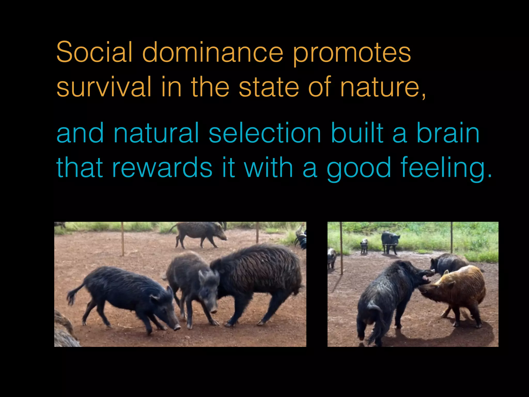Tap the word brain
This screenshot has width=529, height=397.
tap(448, 133)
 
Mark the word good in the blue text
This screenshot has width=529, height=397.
tap(359, 168)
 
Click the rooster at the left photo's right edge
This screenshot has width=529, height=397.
tap(301, 239)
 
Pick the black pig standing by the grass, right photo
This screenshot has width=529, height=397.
tap(390, 240)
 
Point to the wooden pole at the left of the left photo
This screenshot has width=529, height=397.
tap(122, 239)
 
